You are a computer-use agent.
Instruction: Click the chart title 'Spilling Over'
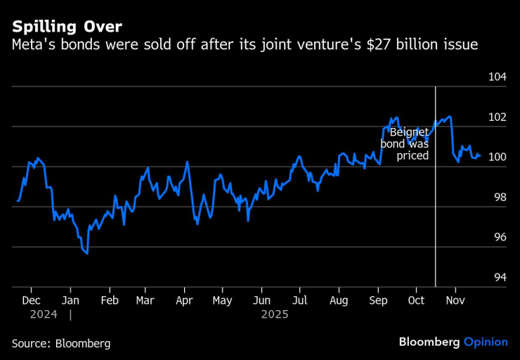(x=67, y=27)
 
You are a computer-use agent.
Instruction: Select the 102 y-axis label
(x=498, y=117)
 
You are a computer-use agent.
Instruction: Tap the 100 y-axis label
(x=498, y=157)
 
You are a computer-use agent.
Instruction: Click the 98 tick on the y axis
(x=500, y=198)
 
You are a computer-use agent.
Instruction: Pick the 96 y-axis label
(x=500, y=238)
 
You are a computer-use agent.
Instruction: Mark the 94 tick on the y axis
(x=500, y=278)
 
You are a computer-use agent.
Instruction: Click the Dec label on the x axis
(x=30, y=300)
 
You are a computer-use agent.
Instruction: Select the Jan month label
(x=70, y=300)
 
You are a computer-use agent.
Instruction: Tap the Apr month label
(x=184, y=300)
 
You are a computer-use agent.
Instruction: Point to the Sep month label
(x=378, y=300)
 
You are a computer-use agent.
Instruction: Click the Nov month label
(x=455, y=300)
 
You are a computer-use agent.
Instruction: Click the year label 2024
(x=44, y=315)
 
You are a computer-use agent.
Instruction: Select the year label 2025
(x=275, y=315)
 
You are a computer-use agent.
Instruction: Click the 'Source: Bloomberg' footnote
(x=61, y=343)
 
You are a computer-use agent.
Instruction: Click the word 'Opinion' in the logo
(x=486, y=342)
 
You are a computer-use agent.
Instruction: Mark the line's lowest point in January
(x=87, y=252)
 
